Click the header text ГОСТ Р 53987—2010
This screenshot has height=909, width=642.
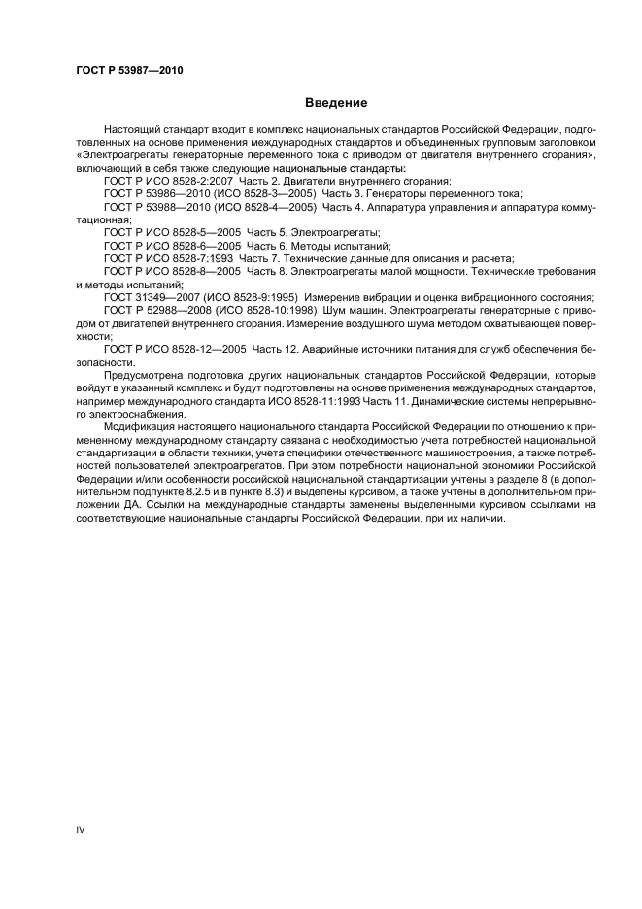point(129,70)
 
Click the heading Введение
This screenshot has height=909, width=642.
point(335,102)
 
